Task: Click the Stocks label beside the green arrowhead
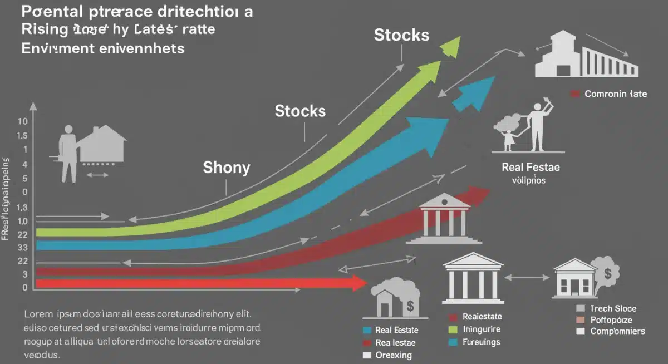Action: (401, 35)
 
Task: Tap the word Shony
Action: (227, 167)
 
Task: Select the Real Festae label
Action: (531, 167)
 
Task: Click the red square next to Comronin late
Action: (576, 94)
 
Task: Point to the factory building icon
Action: (586, 56)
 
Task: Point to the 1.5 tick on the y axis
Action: (22, 136)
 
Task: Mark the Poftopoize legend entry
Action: (611, 320)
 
